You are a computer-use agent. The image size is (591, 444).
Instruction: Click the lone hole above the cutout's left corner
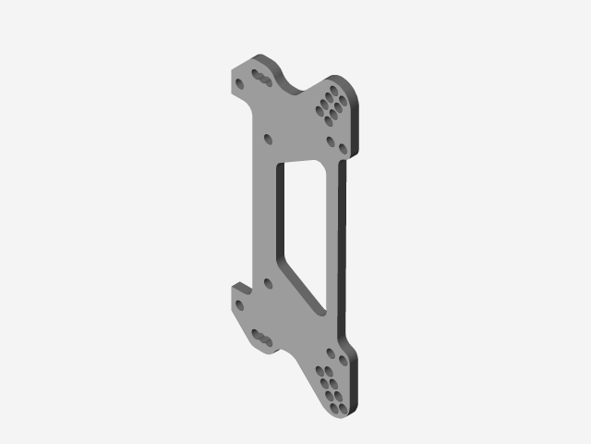point(269,139)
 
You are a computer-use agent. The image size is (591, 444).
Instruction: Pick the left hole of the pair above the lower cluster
point(329,352)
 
